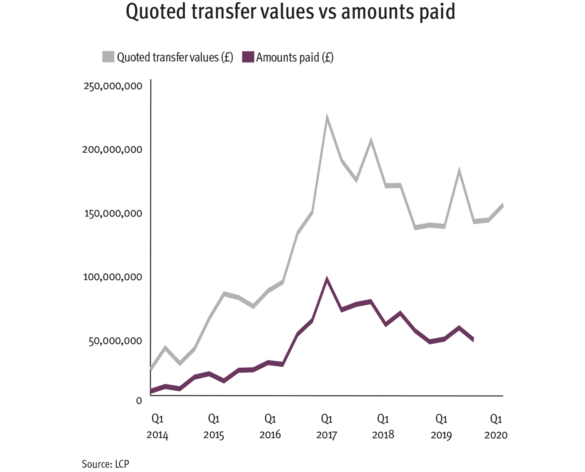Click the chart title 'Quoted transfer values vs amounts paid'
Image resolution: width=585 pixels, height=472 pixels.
pyautogui.click(x=290, y=12)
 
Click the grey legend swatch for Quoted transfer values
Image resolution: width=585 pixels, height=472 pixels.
pyautogui.click(x=108, y=57)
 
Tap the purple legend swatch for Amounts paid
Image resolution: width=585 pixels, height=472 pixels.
pyautogui.click(x=248, y=57)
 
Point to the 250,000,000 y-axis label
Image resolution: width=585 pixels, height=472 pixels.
pyautogui.click(x=113, y=86)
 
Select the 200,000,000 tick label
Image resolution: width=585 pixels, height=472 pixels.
pyautogui.click(x=112, y=150)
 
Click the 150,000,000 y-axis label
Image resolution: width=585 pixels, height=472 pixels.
pyautogui.click(x=113, y=214)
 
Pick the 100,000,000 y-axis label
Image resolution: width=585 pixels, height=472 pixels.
pyautogui.click(x=113, y=277)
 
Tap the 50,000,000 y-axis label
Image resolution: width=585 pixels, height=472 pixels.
pyautogui.click(x=115, y=341)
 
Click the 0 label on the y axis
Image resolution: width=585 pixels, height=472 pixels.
pyautogui.click(x=139, y=401)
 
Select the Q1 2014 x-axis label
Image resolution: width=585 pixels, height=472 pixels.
pyautogui.click(x=157, y=427)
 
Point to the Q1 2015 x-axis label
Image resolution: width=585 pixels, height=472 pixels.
pyautogui.click(x=214, y=427)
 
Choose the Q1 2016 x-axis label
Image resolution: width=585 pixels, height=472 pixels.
pyautogui.click(x=270, y=427)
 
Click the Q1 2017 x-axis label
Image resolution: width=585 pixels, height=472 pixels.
pyautogui.click(x=327, y=427)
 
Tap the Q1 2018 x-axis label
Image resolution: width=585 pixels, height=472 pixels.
pyautogui.click(x=383, y=427)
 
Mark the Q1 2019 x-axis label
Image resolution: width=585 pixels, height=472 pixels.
pyautogui.click(x=441, y=427)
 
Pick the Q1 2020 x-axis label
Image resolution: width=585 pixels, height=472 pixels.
pyautogui.click(x=496, y=427)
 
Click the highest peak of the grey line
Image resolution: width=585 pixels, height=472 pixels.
pyautogui.click(x=327, y=118)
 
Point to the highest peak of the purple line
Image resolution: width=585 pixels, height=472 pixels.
pyautogui.click(x=327, y=279)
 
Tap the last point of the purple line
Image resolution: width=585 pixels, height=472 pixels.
pyautogui.click(x=473, y=339)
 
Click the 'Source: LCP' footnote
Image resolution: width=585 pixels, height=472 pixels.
pyautogui.click(x=106, y=464)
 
